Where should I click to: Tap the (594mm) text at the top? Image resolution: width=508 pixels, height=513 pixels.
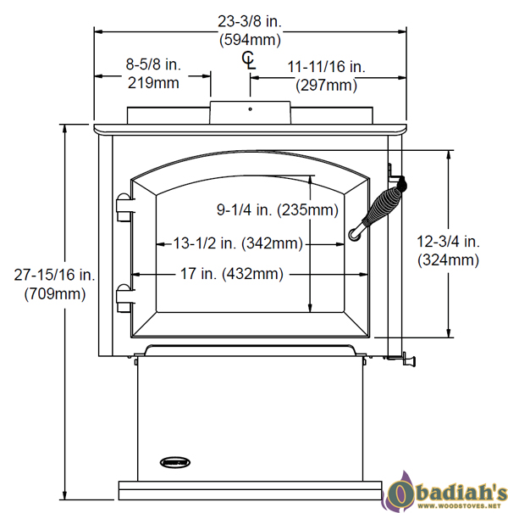[250, 39]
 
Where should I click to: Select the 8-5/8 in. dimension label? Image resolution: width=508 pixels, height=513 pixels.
[153, 65]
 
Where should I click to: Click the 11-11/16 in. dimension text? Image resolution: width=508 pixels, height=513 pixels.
[326, 67]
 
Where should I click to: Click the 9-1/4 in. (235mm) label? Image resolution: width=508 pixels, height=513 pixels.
[277, 209]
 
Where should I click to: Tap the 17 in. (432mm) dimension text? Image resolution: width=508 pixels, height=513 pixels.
[231, 274]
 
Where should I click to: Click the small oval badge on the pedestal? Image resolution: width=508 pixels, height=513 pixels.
[173, 461]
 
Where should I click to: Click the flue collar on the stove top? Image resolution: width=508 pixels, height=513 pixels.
[251, 112]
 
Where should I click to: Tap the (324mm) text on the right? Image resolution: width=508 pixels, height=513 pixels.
[448, 260]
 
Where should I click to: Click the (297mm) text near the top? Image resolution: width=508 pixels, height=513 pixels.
[326, 85]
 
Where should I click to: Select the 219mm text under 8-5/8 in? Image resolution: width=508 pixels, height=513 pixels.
[153, 82]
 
